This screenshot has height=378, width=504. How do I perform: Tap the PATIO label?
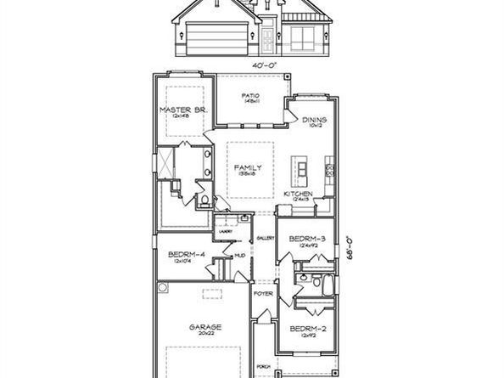coord(249,95)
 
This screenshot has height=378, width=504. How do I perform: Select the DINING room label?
coord(314,120)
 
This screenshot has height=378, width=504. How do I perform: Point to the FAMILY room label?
coord(248,167)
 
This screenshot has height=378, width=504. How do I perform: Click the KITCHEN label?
coord(298,194)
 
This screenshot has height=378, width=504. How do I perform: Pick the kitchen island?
coord(302,171)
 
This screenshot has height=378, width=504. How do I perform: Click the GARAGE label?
coord(205,326)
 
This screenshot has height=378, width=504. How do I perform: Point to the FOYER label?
coord(263,293)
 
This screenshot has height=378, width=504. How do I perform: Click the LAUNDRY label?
coord(225,230)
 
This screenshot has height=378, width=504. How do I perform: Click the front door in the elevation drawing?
coord(268,37)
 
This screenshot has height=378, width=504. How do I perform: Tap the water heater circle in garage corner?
coord(162,288)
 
